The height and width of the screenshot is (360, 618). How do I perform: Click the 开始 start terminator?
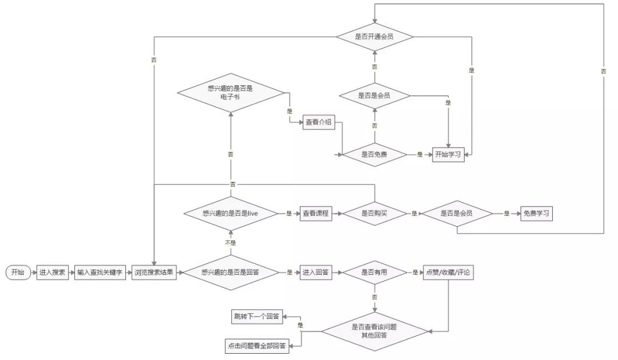(18, 272)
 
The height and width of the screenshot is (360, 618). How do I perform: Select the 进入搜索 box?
(53, 272)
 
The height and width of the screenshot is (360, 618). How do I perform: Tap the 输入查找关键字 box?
(100, 272)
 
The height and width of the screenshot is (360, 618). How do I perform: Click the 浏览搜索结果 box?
(154, 272)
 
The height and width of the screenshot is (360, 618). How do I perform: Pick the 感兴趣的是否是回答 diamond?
(231, 272)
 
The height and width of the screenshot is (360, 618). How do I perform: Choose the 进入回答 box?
(316, 272)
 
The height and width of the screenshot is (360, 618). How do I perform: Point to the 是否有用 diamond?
(374, 272)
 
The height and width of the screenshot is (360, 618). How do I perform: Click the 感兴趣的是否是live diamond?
(231, 213)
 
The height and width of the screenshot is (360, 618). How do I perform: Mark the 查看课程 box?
(316, 213)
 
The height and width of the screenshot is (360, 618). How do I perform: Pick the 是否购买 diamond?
(374, 213)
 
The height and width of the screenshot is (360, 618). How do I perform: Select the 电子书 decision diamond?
(231, 93)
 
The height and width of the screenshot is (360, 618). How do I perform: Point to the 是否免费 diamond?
(374, 155)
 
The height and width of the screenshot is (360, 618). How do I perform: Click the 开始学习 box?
(447, 155)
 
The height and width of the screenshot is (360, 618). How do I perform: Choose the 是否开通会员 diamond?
(374, 37)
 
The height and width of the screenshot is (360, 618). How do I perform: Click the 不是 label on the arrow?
(231, 243)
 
